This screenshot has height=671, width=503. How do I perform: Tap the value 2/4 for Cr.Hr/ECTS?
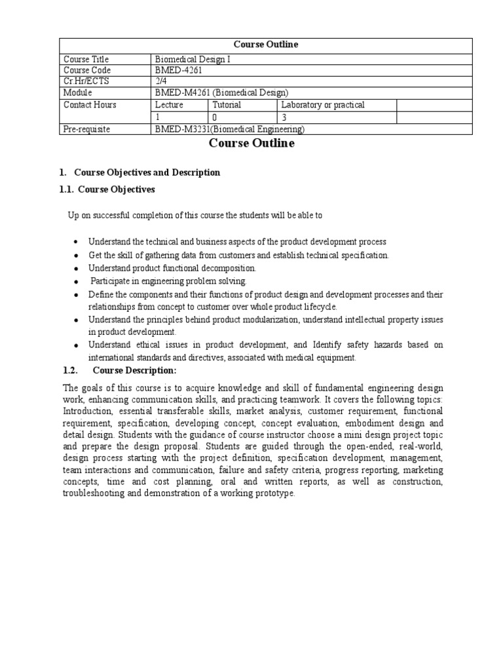point(160,81)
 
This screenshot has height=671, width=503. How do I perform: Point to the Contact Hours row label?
point(90,105)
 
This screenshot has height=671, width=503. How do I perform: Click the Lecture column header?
point(169,105)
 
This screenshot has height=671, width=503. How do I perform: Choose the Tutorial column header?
point(227,105)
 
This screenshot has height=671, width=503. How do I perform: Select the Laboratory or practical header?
point(323,105)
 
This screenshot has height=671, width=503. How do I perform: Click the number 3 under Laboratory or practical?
point(284,117)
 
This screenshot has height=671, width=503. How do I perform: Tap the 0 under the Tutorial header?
point(215,117)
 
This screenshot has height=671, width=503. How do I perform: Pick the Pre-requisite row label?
point(86,129)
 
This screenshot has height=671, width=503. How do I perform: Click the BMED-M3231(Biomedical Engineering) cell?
point(230,129)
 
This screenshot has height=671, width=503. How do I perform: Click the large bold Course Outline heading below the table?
point(251,144)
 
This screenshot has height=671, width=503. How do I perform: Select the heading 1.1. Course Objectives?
point(107,189)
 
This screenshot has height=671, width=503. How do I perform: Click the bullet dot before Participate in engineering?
point(77,281)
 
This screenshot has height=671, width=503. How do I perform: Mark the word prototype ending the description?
point(276,493)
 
